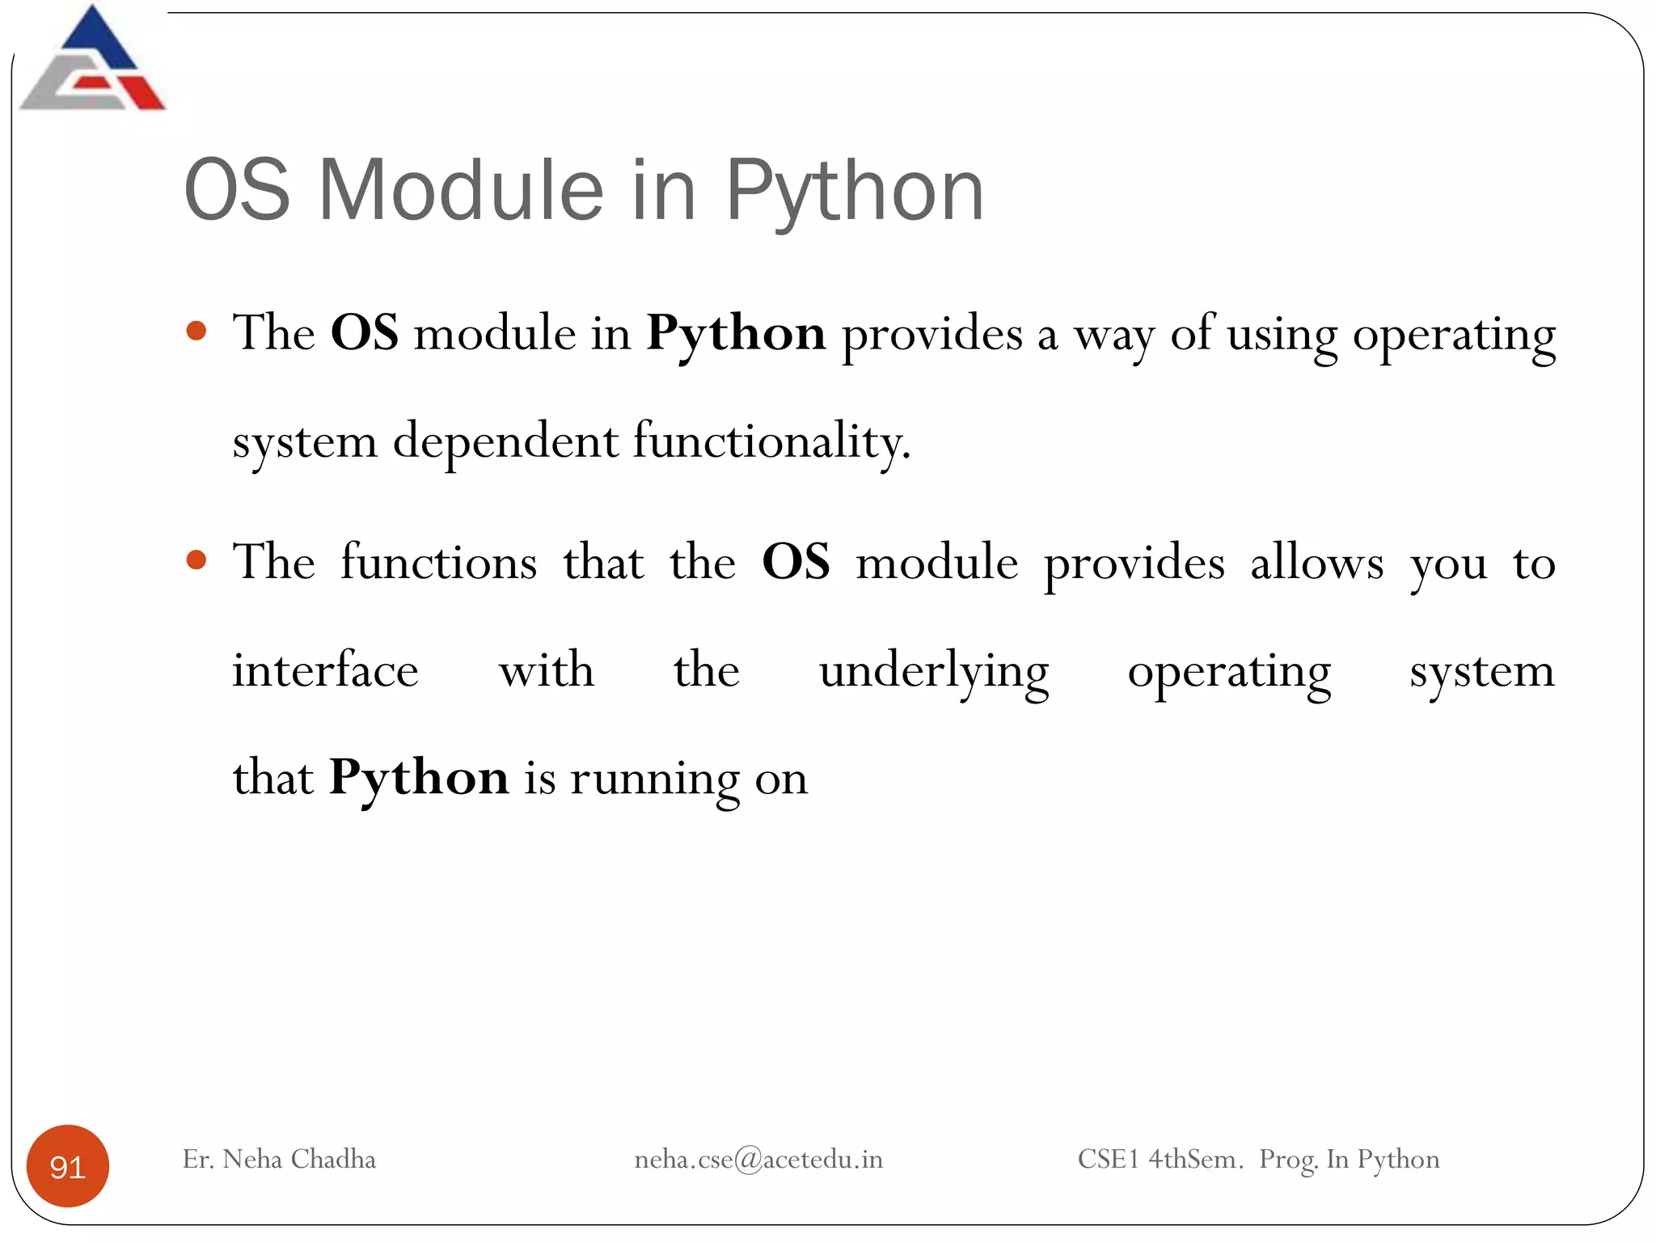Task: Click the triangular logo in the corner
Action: pyautogui.click(x=92, y=61)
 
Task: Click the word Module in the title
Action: pyautogui.click(x=461, y=190)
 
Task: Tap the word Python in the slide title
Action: pyautogui.click(x=854, y=192)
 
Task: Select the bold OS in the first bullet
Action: pyautogui.click(x=364, y=333)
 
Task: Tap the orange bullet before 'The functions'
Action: pyautogui.click(x=196, y=560)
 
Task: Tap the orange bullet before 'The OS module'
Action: pyautogui.click(x=196, y=331)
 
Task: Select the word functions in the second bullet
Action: pyautogui.click(x=438, y=562)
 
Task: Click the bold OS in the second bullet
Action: pyautogui.click(x=796, y=562)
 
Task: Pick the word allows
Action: pyautogui.click(x=1316, y=562)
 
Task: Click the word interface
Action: pyautogui.click(x=325, y=670)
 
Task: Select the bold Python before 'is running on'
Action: pyautogui.click(x=419, y=779)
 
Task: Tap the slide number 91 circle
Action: pyautogui.click(x=68, y=1166)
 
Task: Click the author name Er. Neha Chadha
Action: pyautogui.click(x=279, y=1160)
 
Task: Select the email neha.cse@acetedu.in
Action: pyautogui.click(x=758, y=1160)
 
